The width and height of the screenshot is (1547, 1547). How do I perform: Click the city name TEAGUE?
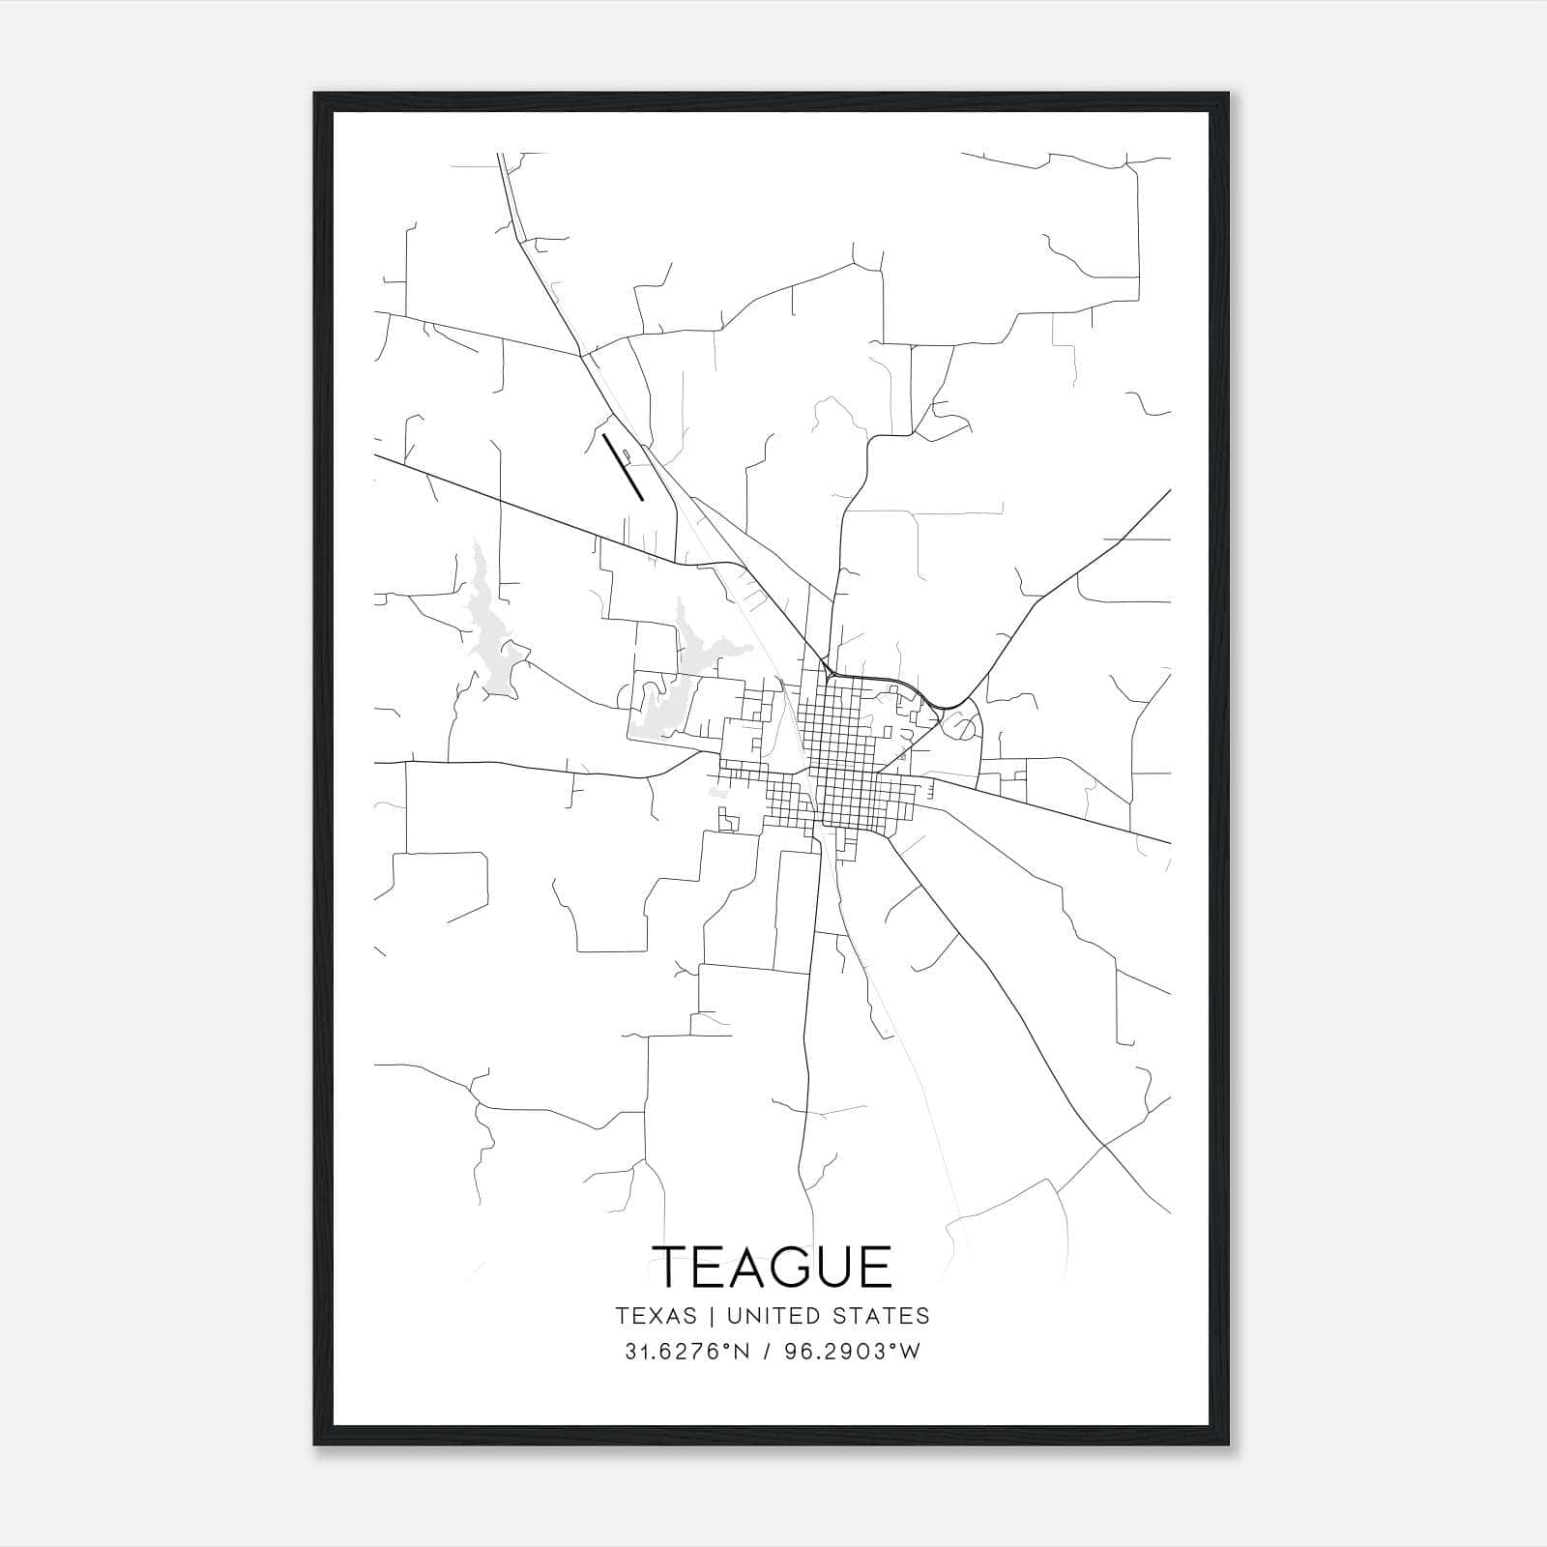[x=773, y=1267]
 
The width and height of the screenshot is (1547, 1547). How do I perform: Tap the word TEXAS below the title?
[x=656, y=1316]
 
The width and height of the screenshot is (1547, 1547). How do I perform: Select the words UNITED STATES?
[x=828, y=1316]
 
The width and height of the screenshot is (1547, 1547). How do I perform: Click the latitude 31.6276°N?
[x=687, y=1352]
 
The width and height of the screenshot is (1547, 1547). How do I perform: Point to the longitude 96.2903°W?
[x=855, y=1352]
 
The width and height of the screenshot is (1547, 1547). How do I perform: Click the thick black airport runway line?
[x=623, y=467]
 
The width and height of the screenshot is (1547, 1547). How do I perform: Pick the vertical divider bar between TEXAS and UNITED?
[x=712, y=1316]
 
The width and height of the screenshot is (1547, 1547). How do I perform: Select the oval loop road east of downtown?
[x=962, y=724]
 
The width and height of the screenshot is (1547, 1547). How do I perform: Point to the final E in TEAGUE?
[x=874, y=1267]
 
